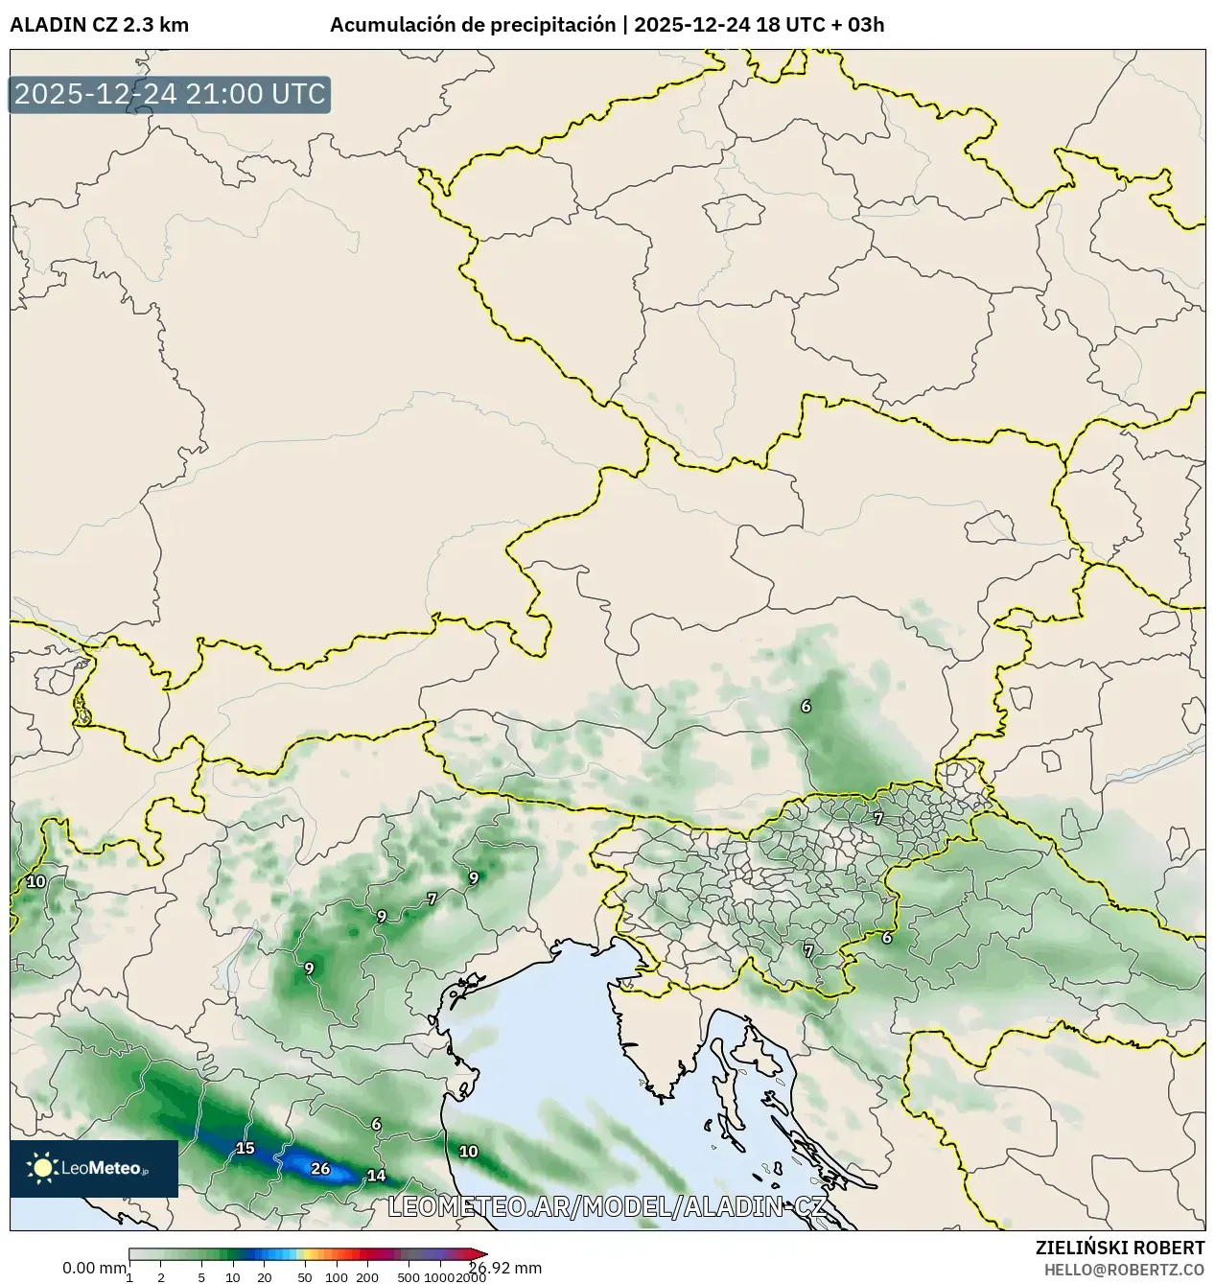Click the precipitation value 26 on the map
tap(321, 1168)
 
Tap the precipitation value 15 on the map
tap(245, 1148)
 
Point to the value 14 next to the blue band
tap(376, 1176)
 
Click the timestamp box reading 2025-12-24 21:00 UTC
tap(170, 94)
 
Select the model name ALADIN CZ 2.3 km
tap(99, 25)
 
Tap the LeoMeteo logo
tap(94, 1168)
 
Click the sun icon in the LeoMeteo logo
tap(42, 1168)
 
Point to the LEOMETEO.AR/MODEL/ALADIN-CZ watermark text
tap(606, 1206)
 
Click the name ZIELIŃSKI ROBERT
tap(1120, 1248)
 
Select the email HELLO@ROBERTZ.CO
tap(1124, 1270)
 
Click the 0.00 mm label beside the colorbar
tap(94, 1268)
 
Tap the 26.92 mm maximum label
tap(505, 1268)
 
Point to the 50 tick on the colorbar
tap(305, 1277)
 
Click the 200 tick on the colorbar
tap(367, 1277)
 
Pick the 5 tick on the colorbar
tap(201, 1277)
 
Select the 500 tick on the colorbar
tap(409, 1277)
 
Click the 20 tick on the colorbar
tap(265, 1277)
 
